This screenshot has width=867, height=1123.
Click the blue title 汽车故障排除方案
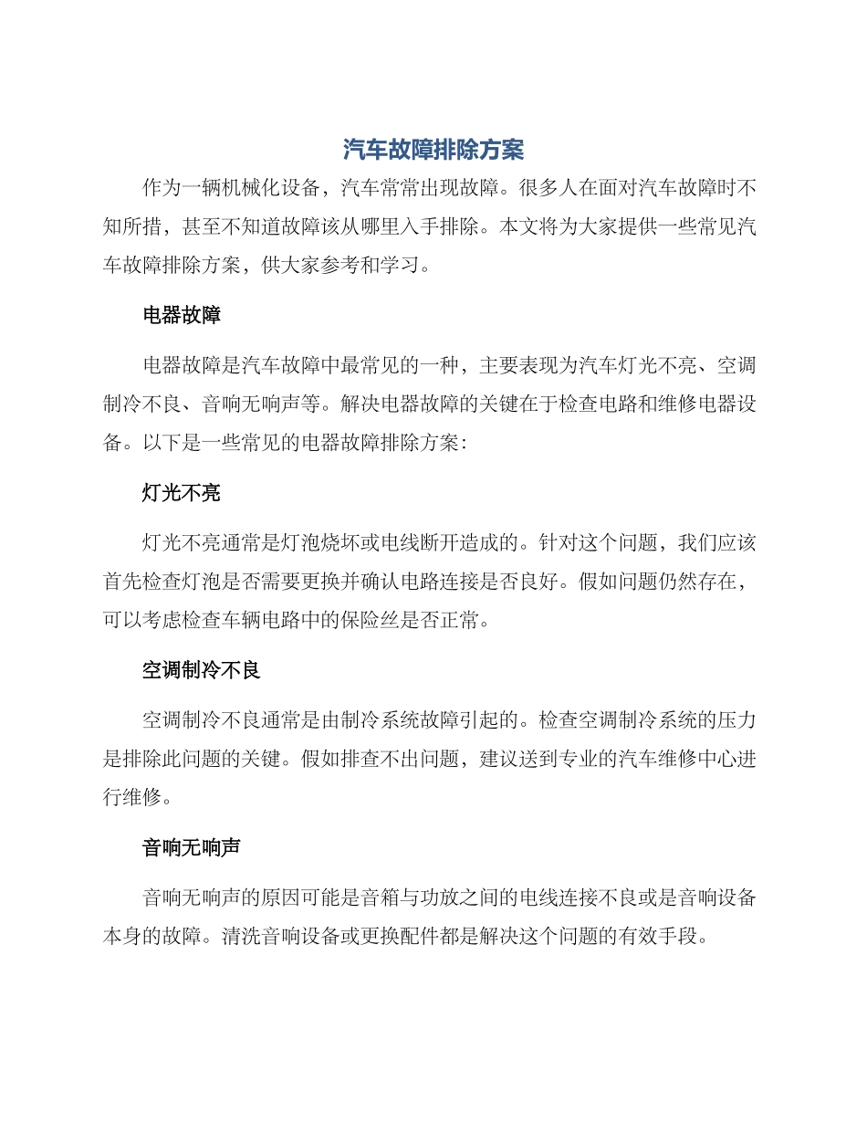433,149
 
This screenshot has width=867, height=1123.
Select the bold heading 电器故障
182,316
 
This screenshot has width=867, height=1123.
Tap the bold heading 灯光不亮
182,493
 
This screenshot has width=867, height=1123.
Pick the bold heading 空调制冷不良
202,670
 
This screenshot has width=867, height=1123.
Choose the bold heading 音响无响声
192,847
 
